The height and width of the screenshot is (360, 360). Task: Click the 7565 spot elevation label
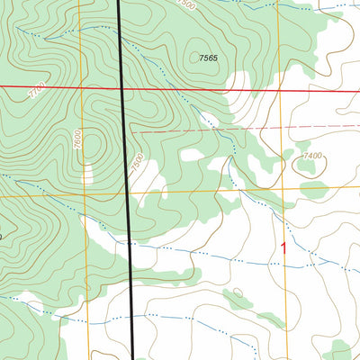208,58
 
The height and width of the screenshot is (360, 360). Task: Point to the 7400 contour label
311,156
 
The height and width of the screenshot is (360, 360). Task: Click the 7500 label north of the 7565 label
211,4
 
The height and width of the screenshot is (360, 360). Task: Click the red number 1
285,246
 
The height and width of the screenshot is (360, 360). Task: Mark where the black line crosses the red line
125,88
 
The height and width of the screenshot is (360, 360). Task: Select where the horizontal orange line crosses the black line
129,193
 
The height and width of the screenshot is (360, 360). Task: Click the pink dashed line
225,129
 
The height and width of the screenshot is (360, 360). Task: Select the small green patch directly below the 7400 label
313,190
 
